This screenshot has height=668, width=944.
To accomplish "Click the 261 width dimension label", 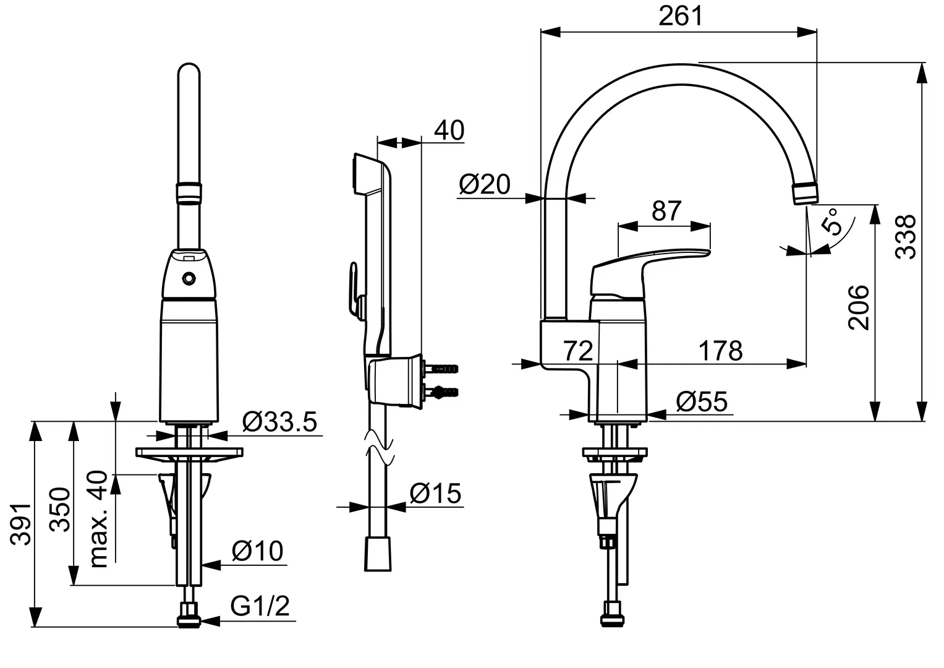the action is (681, 16).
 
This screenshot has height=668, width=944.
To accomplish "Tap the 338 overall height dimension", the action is (905, 236).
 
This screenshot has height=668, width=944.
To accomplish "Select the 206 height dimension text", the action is (859, 307).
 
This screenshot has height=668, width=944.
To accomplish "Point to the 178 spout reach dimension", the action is (721, 351).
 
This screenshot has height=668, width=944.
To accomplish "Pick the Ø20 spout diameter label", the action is (485, 184).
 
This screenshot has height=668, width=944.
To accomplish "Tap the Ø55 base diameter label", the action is (702, 401).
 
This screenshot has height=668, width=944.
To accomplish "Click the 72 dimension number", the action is (578, 351).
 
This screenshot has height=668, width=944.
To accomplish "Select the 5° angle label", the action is (832, 222).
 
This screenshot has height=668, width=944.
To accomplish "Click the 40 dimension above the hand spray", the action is (449, 130).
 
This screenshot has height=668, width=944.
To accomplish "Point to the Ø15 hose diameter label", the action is (435, 493).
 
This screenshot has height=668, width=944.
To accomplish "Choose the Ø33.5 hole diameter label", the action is (279, 422).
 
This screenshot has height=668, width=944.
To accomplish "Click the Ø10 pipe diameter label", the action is (258, 550).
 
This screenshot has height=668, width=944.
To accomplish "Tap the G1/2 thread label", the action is (260, 606).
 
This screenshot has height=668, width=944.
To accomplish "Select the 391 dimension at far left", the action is (21, 525).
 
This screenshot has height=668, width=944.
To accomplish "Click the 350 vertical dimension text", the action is (60, 509).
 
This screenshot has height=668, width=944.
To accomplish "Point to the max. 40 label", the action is (98, 519).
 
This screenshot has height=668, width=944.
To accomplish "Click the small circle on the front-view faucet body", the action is (189, 278).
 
